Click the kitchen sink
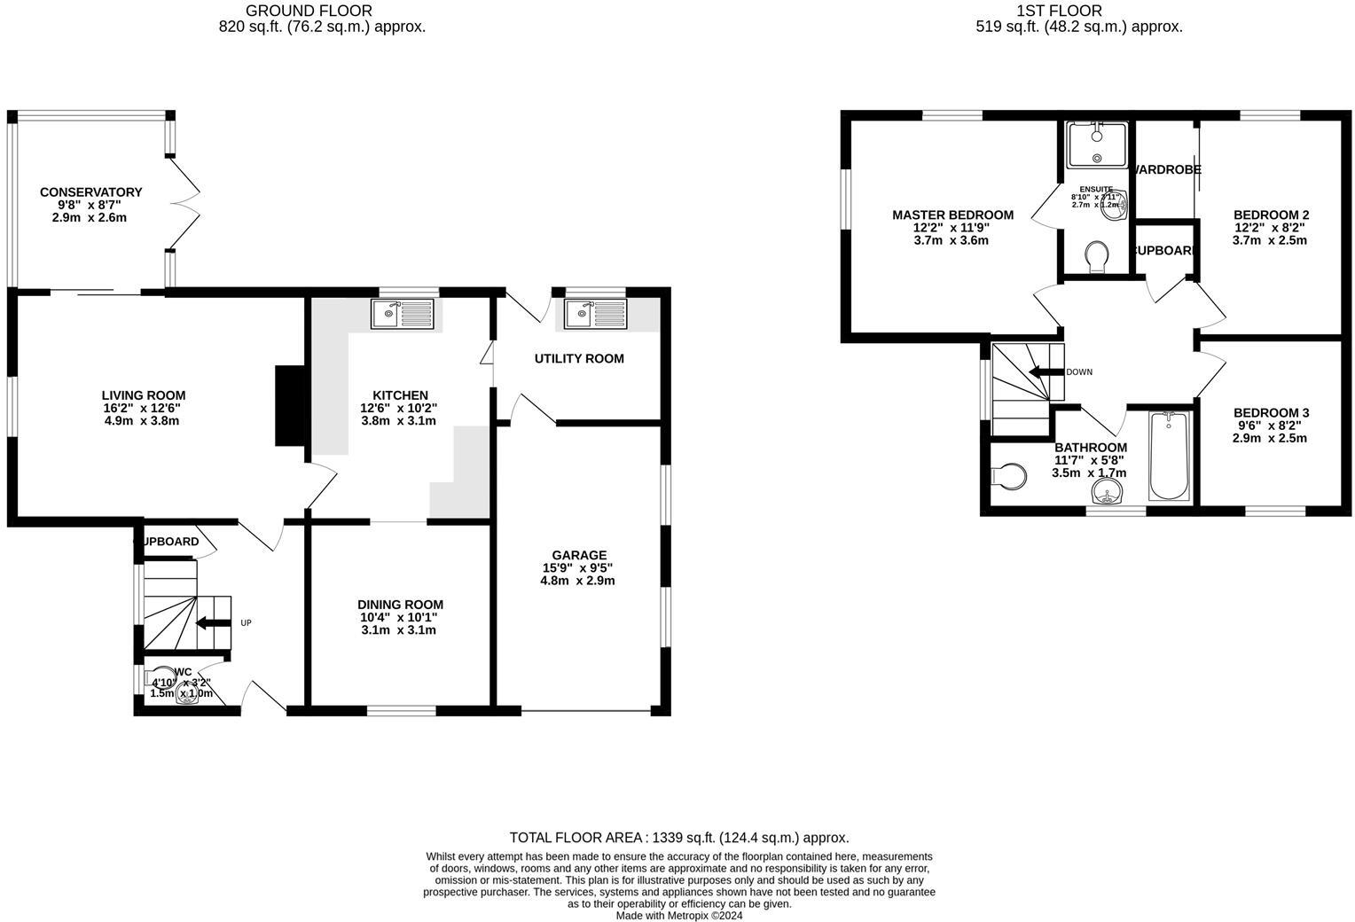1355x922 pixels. tap(403, 314)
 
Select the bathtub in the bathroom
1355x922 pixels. tap(1171, 457)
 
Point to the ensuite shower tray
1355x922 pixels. tap(1097, 145)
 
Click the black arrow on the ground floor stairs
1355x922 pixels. tap(213, 623)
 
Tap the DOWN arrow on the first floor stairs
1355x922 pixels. tap(1046, 372)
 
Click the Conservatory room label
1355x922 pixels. tap(90, 192)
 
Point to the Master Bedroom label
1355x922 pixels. tap(952, 215)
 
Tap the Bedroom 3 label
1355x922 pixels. tap(1271, 413)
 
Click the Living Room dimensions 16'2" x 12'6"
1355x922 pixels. tap(143, 408)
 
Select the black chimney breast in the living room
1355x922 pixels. tap(288, 405)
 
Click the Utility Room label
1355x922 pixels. tap(579, 359)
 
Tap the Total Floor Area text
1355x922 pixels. tap(678, 837)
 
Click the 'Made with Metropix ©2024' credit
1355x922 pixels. tap(678, 916)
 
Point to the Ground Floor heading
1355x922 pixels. tap(309, 11)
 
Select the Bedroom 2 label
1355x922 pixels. tap(1271, 215)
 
